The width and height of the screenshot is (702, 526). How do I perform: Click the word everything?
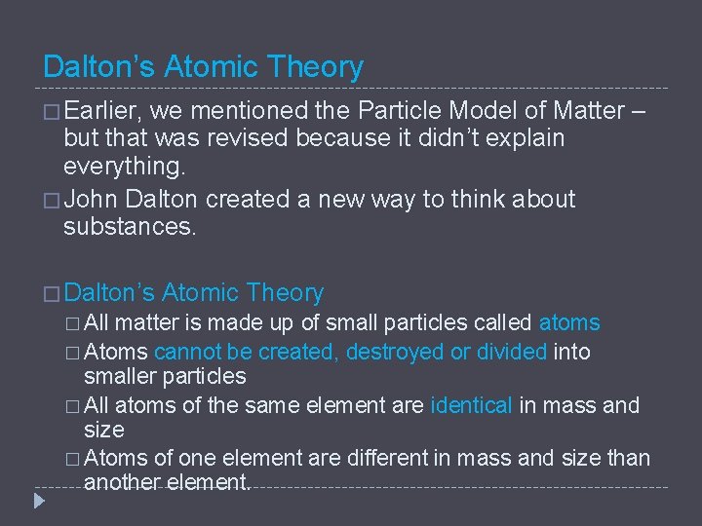click(x=123, y=167)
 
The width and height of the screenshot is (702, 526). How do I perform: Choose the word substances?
click(x=130, y=227)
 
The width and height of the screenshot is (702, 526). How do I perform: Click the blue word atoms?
click(x=569, y=322)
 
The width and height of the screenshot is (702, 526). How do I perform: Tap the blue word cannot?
click(x=185, y=351)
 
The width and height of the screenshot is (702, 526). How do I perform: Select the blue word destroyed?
click(x=395, y=351)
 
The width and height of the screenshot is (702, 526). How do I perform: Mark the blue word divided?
click(x=512, y=351)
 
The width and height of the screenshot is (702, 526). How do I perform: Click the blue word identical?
click(x=471, y=404)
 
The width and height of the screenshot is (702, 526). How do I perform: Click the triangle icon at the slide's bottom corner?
click(x=38, y=503)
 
